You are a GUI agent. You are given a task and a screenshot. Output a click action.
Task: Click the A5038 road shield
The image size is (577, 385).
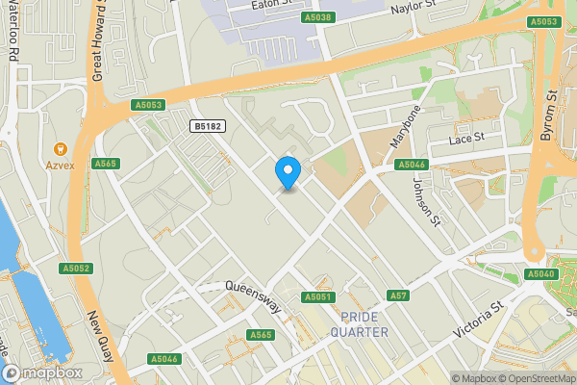coord(318,17)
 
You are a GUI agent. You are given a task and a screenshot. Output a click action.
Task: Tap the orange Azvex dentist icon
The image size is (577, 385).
coord(60,148)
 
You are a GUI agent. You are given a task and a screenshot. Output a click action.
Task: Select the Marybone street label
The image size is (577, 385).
coord(405,126)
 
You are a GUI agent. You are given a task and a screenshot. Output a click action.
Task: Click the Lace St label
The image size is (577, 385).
coord(465,141)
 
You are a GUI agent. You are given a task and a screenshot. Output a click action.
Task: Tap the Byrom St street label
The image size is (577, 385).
coord(549,115)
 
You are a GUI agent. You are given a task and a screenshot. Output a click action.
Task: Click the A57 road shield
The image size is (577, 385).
coord(397,295)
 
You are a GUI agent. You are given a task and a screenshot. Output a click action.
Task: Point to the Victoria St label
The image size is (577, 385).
coord(480,321)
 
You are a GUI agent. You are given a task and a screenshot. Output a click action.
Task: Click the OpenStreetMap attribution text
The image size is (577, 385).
coord(535,378)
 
